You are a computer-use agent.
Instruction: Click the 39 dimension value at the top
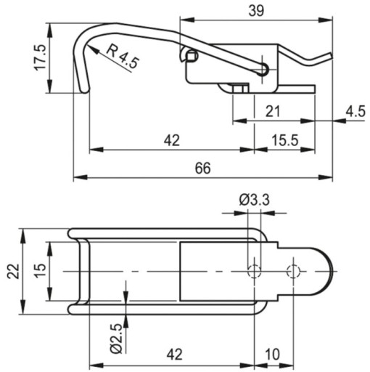coord(256,11)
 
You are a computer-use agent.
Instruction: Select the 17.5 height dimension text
coord(41,57)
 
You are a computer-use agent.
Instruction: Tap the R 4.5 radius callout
coord(123,56)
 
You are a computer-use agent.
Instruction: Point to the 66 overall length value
coord(202,168)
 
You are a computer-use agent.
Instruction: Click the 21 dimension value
coord(273,111)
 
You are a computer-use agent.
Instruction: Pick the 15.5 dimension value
coord(285,140)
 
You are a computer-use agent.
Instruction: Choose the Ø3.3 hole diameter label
coord(254,201)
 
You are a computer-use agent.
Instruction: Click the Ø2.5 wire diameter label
coord(118,339)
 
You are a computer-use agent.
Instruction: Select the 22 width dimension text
coord(13,271)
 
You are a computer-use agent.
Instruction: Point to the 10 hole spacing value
coord(273,355)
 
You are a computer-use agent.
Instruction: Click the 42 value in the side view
coord(172,140)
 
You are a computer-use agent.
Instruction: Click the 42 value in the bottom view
coord(174,355)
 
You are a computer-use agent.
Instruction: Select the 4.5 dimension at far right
coord(355,111)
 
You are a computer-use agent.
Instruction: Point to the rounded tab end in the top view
coord(333,271)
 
